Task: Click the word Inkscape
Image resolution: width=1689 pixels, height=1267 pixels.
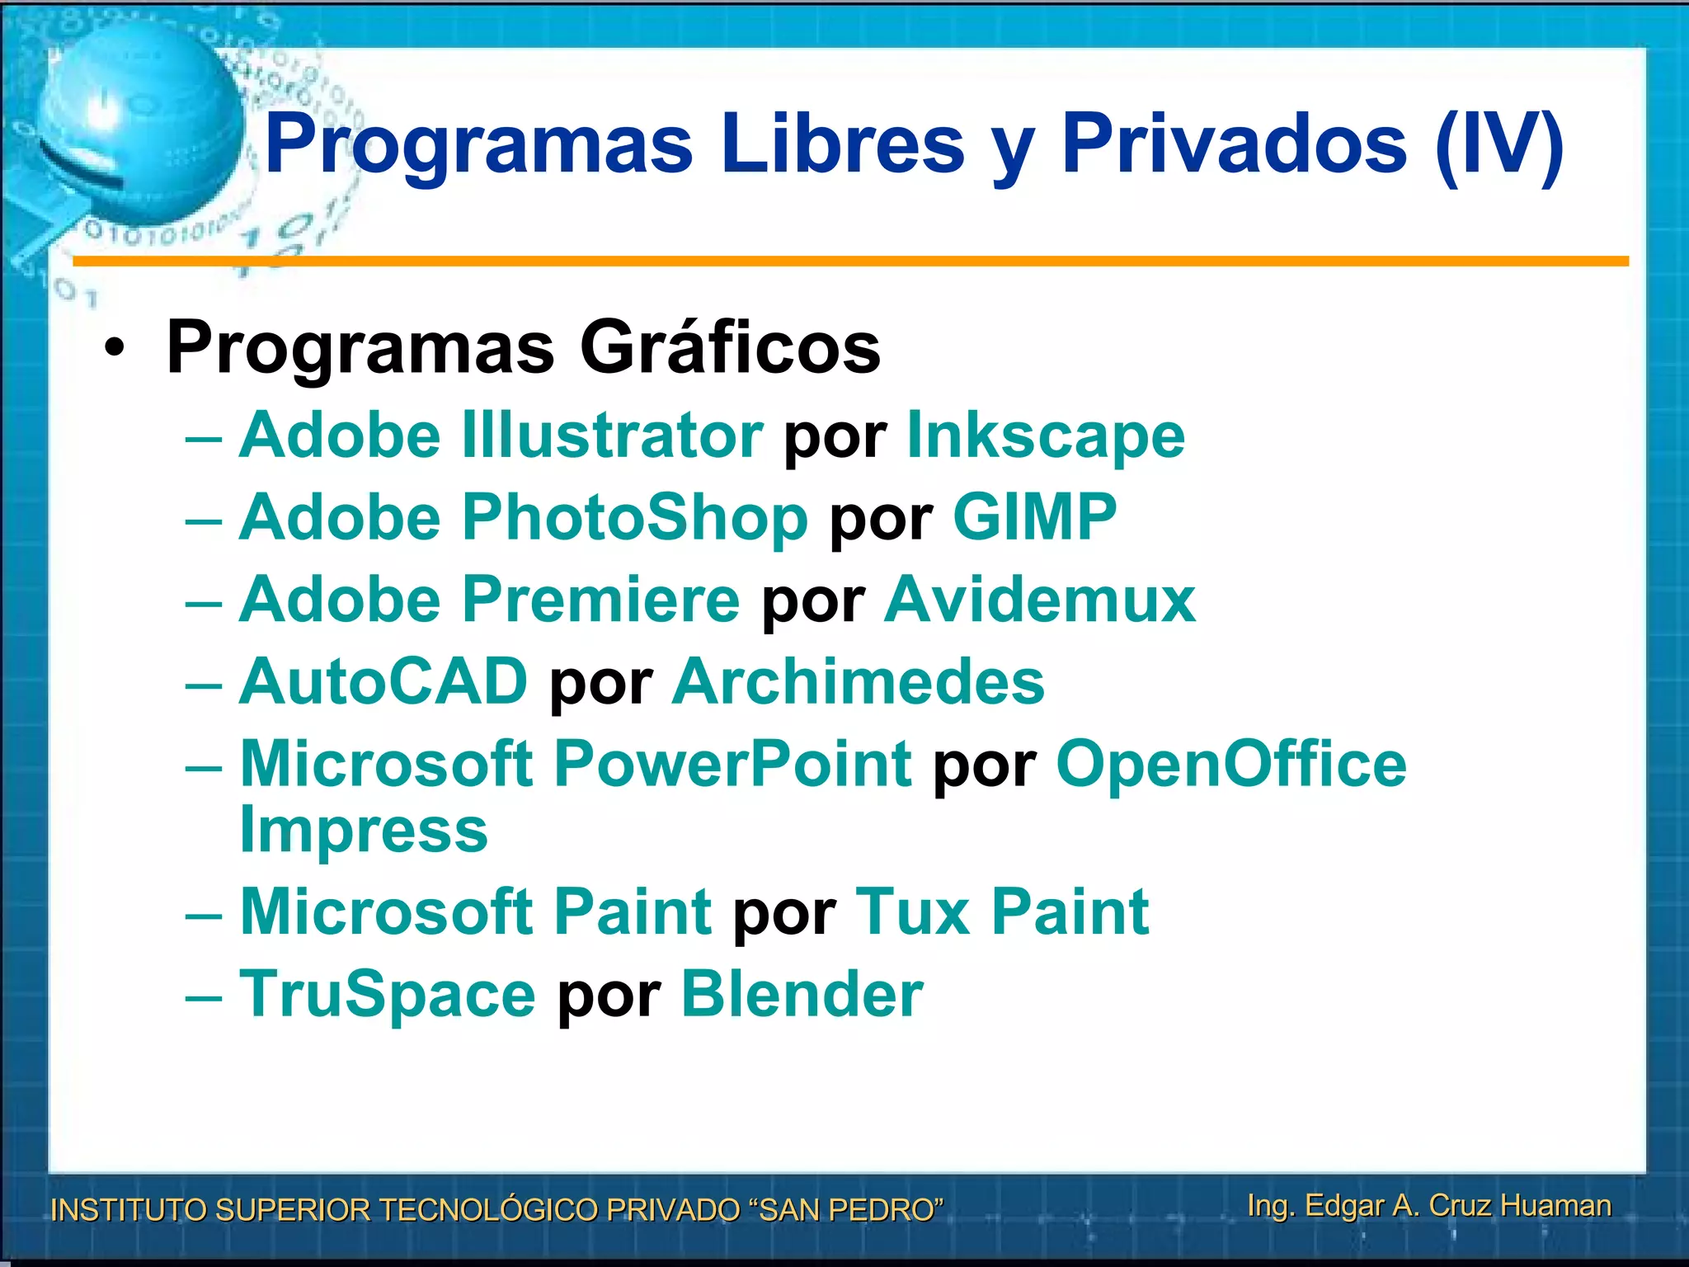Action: coord(1045,436)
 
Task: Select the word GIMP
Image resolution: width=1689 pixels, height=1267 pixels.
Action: coord(1034,518)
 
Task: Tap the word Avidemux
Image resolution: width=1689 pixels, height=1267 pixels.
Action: coord(1039,600)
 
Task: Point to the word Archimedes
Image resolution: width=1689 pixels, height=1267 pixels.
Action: coord(858,682)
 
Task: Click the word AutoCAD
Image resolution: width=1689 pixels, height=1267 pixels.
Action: coord(383,682)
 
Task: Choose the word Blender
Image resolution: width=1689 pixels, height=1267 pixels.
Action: coord(802,995)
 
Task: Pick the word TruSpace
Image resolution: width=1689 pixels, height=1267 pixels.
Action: coord(388,995)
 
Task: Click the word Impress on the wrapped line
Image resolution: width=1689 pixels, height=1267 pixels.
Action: coord(364,830)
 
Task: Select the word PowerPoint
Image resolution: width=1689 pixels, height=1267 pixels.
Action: coord(732,764)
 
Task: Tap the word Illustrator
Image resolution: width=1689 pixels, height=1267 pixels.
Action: coord(612,436)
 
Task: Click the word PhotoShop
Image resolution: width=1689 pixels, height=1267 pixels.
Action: coord(634,518)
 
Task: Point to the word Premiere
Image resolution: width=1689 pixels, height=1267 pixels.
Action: coord(600,600)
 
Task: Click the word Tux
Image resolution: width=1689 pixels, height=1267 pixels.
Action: coord(913,912)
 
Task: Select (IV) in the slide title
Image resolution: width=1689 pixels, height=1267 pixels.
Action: coord(1498,145)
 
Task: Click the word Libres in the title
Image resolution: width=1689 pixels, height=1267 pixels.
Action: coord(841,145)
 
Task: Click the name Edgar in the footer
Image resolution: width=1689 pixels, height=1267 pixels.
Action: coord(1344,1205)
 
